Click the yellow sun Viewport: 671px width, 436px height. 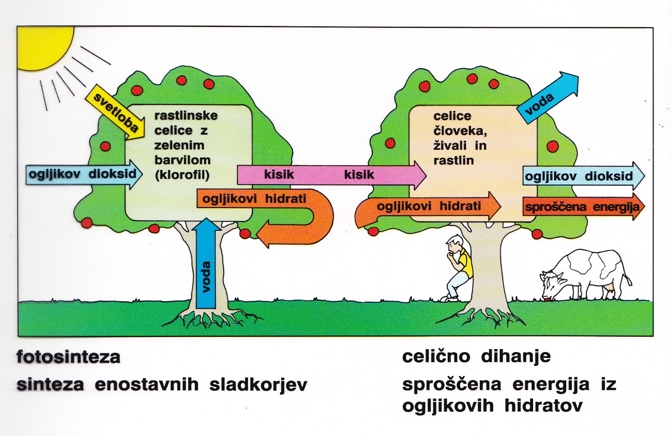pyautogui.click(x=42, y=44)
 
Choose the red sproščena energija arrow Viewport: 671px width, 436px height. pyautogui.click(x=583, y=207)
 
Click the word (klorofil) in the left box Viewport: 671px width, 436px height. pyautogui.click(x=182, y=175)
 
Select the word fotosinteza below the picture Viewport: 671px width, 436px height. pyautogui.click(x=68, y=357)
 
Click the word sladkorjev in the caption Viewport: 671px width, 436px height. pyautogui.click(x=258, y=385)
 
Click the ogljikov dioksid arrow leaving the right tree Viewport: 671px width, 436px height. pyautogui.click(x=583, y=176)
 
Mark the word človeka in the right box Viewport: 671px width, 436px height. pyautogui.click(x=460, y=131)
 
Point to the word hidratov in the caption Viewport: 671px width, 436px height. pyautogui.click(x=544, y=406)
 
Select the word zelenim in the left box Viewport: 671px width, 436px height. pyautogui.click(x=179, y=145)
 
